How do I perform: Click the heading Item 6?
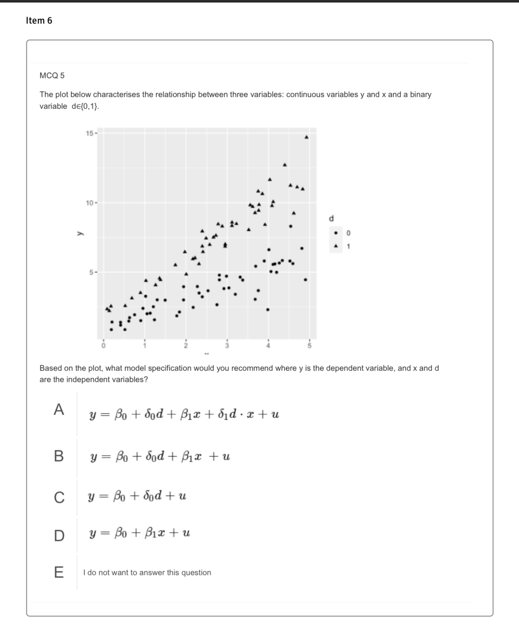tap(39, 21)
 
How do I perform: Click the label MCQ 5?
tap(52, 76)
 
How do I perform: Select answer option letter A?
tap(59, 409)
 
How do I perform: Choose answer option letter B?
tap(59, 456)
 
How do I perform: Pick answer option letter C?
tap(59, 497)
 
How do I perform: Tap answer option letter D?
tap(59, 536)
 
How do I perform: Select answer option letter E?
tap(59, 572)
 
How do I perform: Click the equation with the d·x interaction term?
tap(184, 415)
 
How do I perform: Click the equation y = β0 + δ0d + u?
tap(137, 496)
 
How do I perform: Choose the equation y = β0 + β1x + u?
tap(139, 534)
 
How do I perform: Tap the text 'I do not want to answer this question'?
tap(147, 573)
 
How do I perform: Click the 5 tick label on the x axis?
tap(309, 346)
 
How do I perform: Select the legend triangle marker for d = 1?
tap(336, 246)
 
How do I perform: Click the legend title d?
tap(331, 218)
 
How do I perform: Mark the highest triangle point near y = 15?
tap(307, 137)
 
